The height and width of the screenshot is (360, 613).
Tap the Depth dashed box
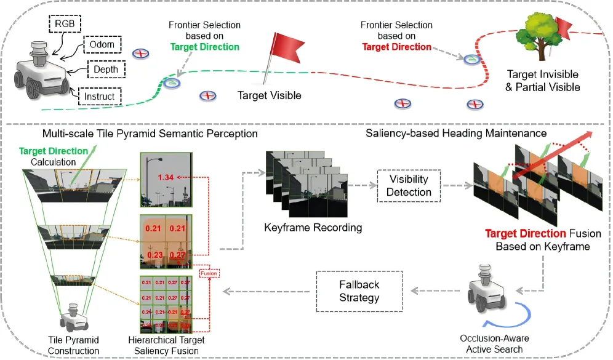click(x=106, y=70)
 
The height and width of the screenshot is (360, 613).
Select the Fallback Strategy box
click(x=359, y=291)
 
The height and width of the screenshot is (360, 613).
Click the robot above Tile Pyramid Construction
click(x=73, y=316)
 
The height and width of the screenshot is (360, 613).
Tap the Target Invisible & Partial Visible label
click(x=543, y=81)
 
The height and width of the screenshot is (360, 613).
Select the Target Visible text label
click(x=270, y=95)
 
